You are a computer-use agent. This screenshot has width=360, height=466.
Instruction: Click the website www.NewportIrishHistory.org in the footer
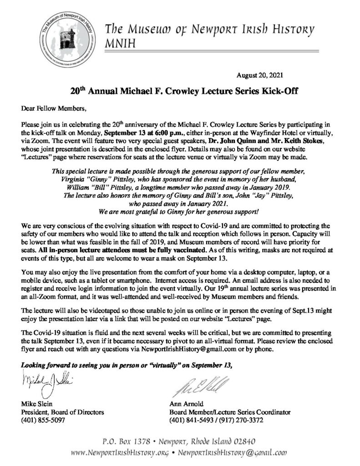(x=122, y=453)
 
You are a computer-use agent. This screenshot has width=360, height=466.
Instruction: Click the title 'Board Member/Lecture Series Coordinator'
(x=229, y=412)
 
